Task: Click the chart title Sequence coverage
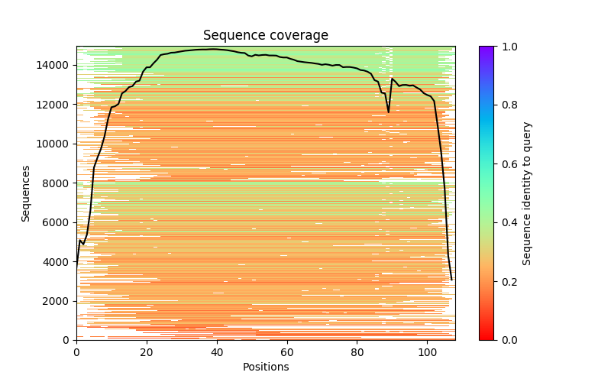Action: (x=265, y=35)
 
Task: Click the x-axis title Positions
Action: (x=265, y=367)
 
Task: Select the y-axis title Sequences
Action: (x=26, y=193)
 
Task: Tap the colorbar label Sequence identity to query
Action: (x=527, y=193)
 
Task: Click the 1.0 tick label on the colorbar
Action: (x=507, y=47)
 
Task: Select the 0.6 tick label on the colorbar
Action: (x=507, y=164)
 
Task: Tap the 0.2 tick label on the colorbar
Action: (x=507, y=281)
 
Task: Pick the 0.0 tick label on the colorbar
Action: (x=507, y=340)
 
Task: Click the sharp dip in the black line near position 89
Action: (x=388, y=112)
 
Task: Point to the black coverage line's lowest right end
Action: (x=451, y=280)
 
